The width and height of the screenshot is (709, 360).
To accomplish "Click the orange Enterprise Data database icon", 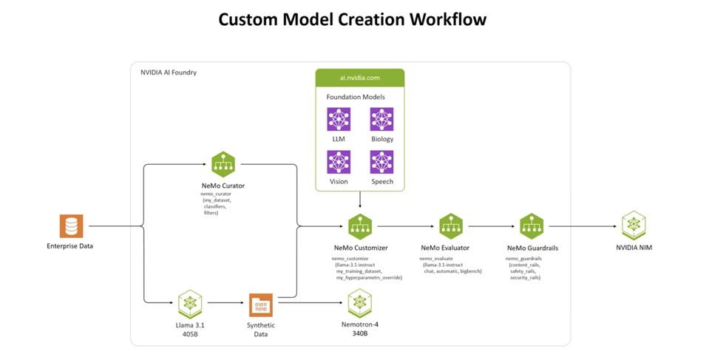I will click(71, 226).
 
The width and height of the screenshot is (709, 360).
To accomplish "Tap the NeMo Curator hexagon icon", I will click(223, 163).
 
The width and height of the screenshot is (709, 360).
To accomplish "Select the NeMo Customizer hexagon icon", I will click(360, 226).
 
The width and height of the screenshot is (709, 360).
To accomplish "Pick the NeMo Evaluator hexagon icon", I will click(450, 226).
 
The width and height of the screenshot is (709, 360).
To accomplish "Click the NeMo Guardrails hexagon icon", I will click(531, 226).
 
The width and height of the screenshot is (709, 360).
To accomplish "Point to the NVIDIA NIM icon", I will click(634, 225).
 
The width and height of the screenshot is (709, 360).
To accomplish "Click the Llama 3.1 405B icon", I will click(190, 302).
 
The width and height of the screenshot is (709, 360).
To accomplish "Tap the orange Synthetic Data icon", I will click(260, 304).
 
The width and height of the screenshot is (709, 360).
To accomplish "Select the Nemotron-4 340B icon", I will click(359, 302).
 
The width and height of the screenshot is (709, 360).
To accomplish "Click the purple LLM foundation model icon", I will click(339, 119).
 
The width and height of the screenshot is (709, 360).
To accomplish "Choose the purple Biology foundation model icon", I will click(381, 119).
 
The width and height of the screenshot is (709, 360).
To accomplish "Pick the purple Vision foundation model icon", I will click(339, 162).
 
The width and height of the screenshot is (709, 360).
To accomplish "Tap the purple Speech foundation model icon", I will click(381, 162).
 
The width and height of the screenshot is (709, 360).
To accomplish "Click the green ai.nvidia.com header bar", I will click(359, 78).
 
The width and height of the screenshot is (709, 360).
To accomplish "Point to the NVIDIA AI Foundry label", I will click(169, 72).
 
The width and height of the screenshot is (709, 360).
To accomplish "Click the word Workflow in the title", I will click(444, 19).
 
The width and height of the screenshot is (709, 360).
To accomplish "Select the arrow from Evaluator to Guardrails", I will click(490, 226).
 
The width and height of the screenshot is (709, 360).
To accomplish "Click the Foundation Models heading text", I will click(356, 97).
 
